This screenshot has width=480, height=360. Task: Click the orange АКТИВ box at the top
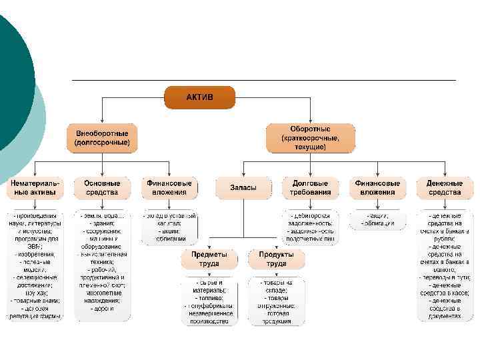click(200, 97)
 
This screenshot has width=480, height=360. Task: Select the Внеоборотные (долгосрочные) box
click(102, 137)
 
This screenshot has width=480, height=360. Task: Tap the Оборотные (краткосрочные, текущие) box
click(310, 137)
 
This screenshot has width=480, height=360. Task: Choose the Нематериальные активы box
click(35, 187)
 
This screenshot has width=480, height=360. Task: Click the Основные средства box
click(102, 187)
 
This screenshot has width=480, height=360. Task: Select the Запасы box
click(243, 187)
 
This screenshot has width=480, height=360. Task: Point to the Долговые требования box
click(310, 187)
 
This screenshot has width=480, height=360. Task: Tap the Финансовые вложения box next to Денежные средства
click(377, 187)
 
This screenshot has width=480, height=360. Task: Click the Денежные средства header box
click(445, 187)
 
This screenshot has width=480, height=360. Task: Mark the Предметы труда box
click(209, 259)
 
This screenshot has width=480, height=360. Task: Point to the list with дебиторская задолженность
click(310, 227)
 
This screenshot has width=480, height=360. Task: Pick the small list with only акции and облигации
click(377, 219)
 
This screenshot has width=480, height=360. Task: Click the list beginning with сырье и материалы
click(209, 301)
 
